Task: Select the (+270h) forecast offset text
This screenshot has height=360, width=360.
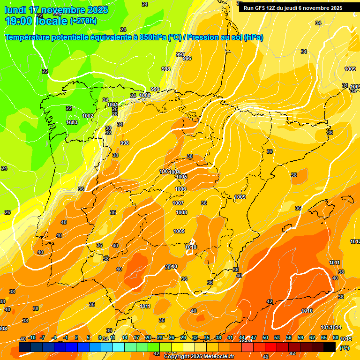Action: (83, 21)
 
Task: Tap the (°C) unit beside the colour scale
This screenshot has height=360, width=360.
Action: (344, 348)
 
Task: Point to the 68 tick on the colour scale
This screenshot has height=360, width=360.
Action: (336, 337)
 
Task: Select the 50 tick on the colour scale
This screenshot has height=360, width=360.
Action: (265, 337)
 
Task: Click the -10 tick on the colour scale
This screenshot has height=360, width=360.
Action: (32, 337)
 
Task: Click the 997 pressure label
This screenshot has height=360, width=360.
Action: (180, 54)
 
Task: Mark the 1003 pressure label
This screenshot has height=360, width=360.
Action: (72, 122)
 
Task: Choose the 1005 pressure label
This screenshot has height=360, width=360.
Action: (181, 177)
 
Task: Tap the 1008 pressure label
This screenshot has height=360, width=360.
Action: (181, 212)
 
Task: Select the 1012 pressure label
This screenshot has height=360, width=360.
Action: (355, 241)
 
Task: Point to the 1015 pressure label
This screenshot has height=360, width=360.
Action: (346, 339)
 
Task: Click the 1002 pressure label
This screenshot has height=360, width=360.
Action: (88, 116)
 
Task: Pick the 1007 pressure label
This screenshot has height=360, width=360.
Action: (178, 203)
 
